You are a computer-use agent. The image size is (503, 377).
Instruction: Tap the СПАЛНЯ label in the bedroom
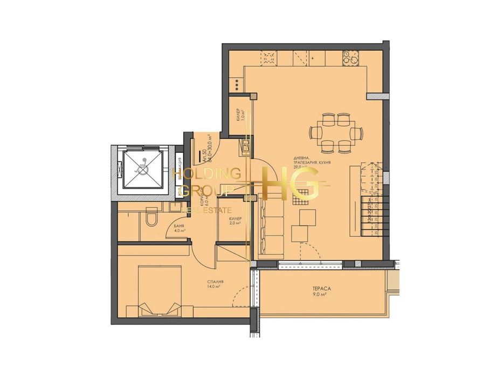click(215, 282)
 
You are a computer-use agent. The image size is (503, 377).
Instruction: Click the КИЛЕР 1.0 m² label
click(238, 114)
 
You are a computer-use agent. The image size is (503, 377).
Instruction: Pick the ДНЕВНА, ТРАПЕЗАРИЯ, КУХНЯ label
click(312, 161)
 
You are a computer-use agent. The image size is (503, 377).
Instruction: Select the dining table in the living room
click(334, 132)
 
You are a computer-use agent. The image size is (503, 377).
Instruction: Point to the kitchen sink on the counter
click(269, 55)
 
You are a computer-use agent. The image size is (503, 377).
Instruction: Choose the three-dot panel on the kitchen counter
click(236, 84)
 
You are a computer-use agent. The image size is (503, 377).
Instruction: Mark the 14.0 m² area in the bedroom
click(215, 287)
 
